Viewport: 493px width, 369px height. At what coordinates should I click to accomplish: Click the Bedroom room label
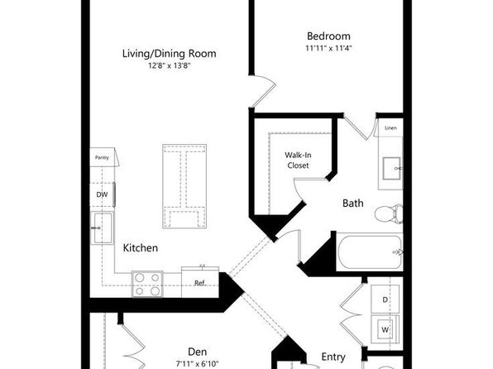click(328, 36)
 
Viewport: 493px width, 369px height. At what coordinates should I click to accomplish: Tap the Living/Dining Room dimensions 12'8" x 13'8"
click(170, 65)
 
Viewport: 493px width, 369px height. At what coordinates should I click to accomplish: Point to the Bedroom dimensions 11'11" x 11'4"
click(328, 48)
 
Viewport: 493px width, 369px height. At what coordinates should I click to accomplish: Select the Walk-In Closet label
click(298, 161)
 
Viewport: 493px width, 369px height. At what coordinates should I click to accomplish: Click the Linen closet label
click(390, 127)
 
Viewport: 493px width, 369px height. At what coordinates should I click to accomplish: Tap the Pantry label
click(102, 157)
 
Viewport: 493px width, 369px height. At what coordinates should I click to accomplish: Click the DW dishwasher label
click(102, 194)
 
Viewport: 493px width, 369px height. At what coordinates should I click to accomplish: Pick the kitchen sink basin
click(103, 228)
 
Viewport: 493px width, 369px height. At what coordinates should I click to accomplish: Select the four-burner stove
click(147, 284)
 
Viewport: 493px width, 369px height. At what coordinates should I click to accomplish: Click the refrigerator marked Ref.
click(200, 282)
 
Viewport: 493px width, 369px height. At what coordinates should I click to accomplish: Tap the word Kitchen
click(141, 248)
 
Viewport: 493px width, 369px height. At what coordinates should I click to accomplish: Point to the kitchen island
click(184, 186)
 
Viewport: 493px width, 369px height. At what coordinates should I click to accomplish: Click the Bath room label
click(352, 204)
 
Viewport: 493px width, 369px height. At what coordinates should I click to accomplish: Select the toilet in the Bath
click(389, 214)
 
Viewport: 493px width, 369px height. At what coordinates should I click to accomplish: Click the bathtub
click(370, 252)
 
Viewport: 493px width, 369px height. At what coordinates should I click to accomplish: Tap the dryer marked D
click(385, 300)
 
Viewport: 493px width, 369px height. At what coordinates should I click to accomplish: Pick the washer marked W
click(385, 329)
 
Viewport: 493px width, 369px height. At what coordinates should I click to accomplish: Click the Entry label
click(333, 357)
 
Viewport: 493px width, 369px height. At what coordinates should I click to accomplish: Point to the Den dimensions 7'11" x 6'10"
click(197, 364)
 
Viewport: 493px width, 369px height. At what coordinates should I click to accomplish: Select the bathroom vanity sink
click(391, 168)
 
